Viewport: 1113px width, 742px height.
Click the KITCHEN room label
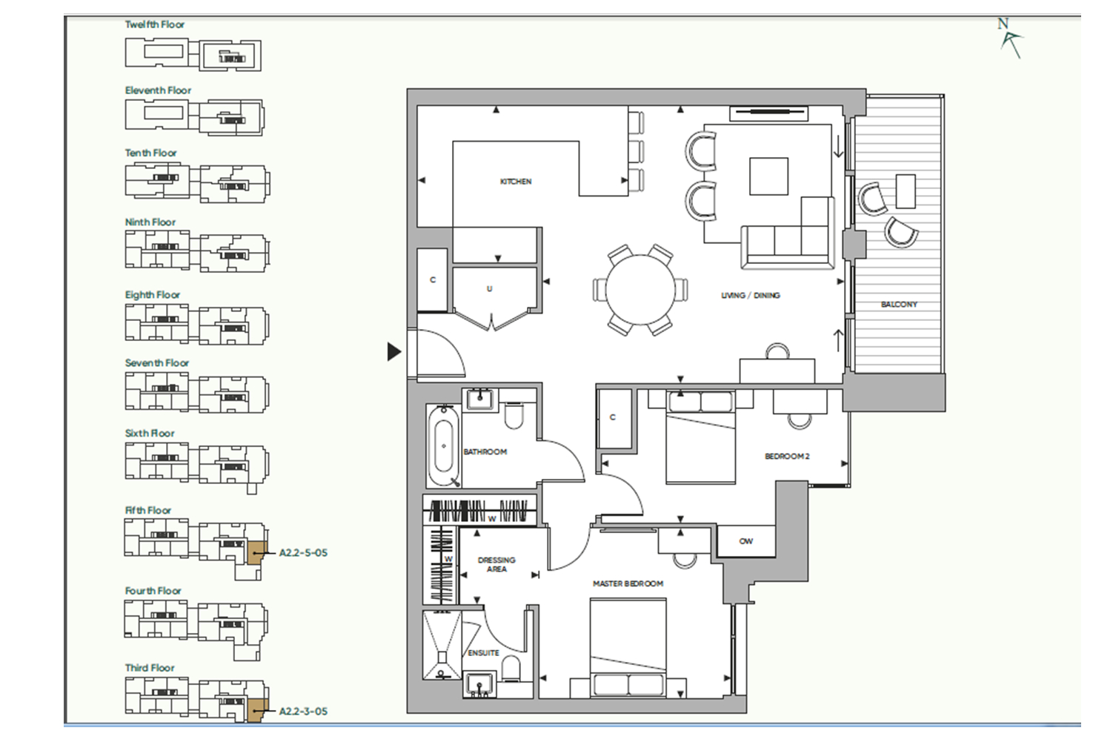pyautogui.click(x=516, y=182)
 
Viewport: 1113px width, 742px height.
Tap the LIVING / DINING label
pyautogui.click(x=751, y=295)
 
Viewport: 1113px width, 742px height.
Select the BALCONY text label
pyautogui.click(x=899, y=304)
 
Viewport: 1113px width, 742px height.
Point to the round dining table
pyautogui.click(x=640, y=291)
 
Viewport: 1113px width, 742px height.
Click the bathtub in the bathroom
pyautogui.click(x=444, y=445)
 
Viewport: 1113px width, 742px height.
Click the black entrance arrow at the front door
pyautogui.click(x=394, y=351)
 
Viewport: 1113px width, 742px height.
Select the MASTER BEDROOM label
pyautogui.click(x=628, y=583)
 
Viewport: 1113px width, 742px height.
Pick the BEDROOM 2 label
pyautogui.click(x=787, y=456)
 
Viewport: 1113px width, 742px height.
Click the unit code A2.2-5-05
pyautogui.click(x=303, y=553)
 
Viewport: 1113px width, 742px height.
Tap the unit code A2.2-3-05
pyautogui.click(x=303, y=711)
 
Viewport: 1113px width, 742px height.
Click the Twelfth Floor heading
pyautogui.click(x=155, y=24)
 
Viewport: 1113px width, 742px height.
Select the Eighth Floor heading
pyautogui.click(x=153, y=295)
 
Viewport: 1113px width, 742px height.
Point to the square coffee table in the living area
pyautogui.click(x=768, y=176)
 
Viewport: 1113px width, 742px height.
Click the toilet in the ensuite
pyautogui.click(x=511, y=669)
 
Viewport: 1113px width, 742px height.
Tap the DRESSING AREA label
pyautogui.click(x=496, y=565)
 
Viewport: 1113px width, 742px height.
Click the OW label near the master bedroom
pyautogui.click(x=745, y=541)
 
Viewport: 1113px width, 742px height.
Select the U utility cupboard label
pyautogui.click(x=489, y=289)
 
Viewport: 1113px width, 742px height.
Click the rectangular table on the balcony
pyautogui.click(x=906, y=191)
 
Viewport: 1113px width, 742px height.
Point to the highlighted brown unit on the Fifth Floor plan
pyautogui.click(x=256, y=553)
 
